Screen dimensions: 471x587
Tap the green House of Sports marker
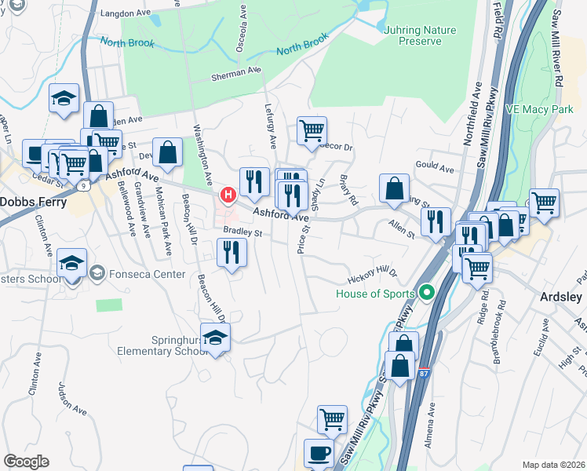[x=427, y=294]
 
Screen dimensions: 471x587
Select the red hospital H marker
[x=228, y=194]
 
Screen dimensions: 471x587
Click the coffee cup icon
[x=319, y=453]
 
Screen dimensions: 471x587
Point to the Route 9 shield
[x=82, y=186]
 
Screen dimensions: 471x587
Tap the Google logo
[x=26, y=462]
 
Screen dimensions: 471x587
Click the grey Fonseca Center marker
[x=97, y=274]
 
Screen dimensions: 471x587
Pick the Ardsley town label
[x=560, y=297]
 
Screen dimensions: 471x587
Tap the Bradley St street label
[x=242, y=232]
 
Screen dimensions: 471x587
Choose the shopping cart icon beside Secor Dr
[x=312, y=130]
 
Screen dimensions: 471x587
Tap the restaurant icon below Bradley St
[x=232, y=252]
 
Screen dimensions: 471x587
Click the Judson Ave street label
[x=72, y=398]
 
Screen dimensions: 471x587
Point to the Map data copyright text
[x=554, y=464]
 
